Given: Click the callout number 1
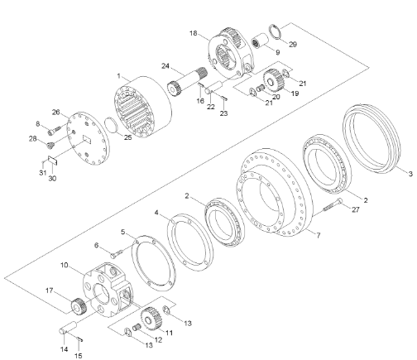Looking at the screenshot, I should (x=117, y=76).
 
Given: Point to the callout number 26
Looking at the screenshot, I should (x=56, y=113).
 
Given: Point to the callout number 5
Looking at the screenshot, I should (x=122, y=232).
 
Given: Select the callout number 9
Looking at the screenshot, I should (x=277, y=52).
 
